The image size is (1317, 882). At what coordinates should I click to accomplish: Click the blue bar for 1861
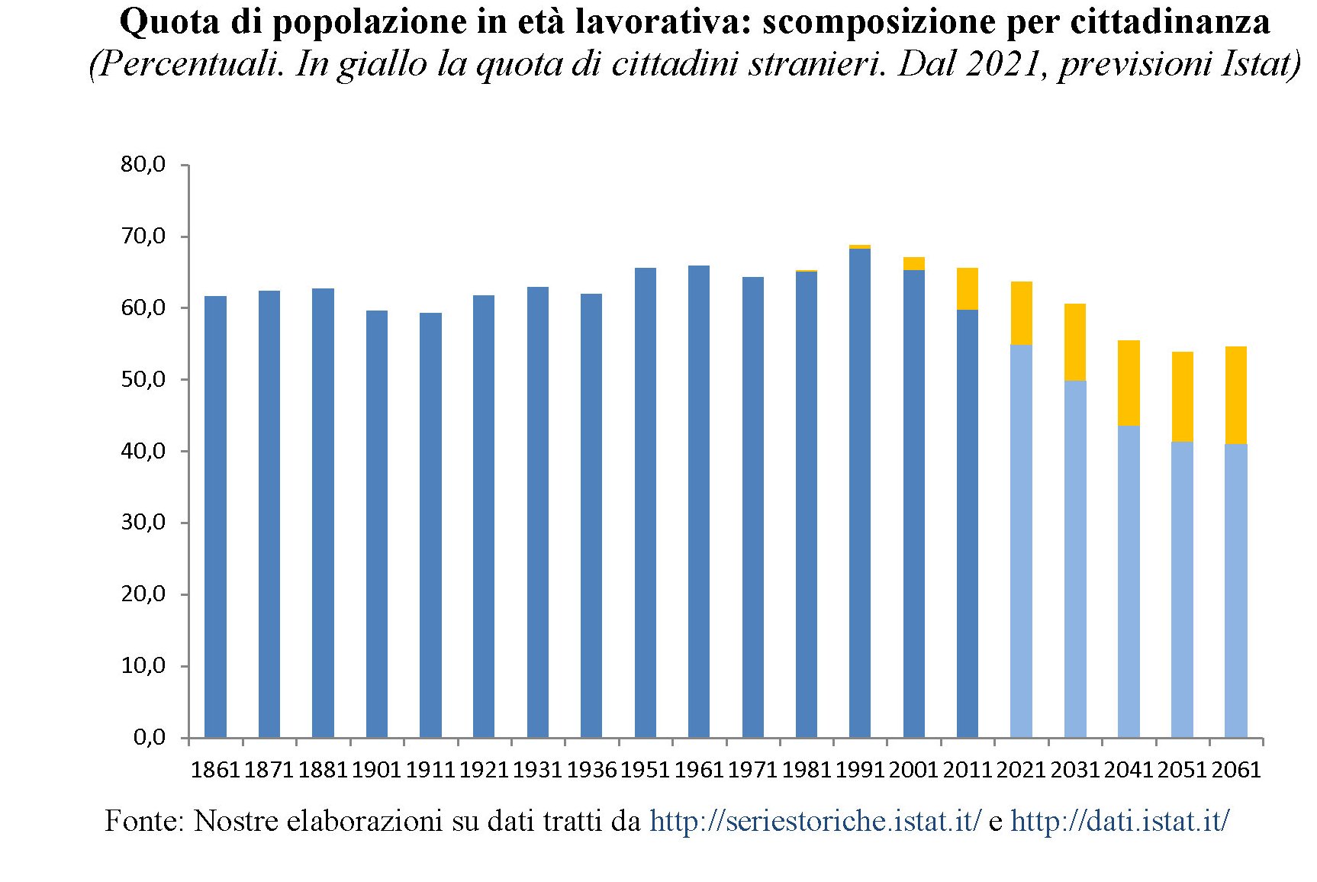coord(216,517)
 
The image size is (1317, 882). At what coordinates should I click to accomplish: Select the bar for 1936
coord(591,516)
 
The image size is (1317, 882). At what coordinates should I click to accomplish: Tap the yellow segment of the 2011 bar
coord(968,289)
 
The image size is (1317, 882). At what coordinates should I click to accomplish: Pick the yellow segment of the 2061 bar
coord(1236,395)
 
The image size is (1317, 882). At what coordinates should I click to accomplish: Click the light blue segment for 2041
coord(1129,581)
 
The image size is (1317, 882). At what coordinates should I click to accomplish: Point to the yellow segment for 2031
coord(1075,343)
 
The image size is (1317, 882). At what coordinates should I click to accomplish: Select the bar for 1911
coord(430,525)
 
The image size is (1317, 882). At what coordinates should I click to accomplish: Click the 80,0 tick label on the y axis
coord(143,165)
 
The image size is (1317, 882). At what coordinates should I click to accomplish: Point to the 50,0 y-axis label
coord(143,380)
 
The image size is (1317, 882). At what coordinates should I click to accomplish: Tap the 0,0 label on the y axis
coord(149,738)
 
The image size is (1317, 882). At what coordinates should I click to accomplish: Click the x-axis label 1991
coord(860,770)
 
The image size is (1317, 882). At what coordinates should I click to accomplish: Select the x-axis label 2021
coord(1021,770)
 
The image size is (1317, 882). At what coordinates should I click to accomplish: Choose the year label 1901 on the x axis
coord(376,770)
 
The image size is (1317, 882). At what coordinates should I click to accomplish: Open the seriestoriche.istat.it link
coord(815,822)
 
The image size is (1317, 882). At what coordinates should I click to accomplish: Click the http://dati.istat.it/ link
coord(1119,822)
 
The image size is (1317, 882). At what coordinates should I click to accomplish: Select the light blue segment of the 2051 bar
coord(1182,589)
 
